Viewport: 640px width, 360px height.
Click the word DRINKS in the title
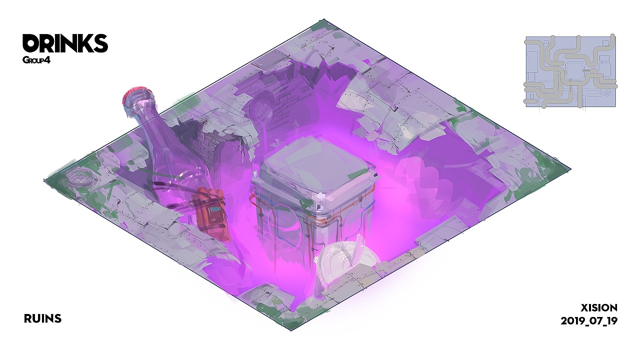click(x=65, y=43)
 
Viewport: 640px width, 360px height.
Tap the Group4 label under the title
click(x=36, y=60)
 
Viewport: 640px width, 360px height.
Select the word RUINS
click(x=43, y=318)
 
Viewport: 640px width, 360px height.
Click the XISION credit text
click(x=599, y=307)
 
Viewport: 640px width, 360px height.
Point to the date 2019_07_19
click(x=589, y=321)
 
